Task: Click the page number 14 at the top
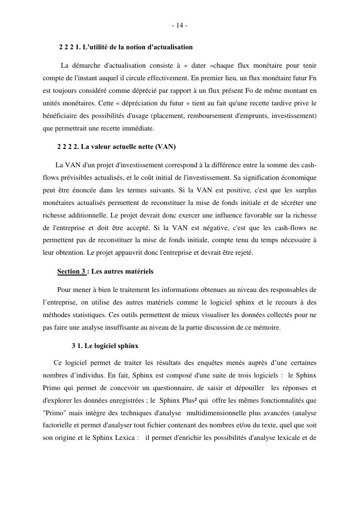[179, 25]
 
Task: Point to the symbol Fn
[312, 78]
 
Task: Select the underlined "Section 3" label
[71, 271]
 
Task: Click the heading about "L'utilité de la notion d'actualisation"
[126, 47]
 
